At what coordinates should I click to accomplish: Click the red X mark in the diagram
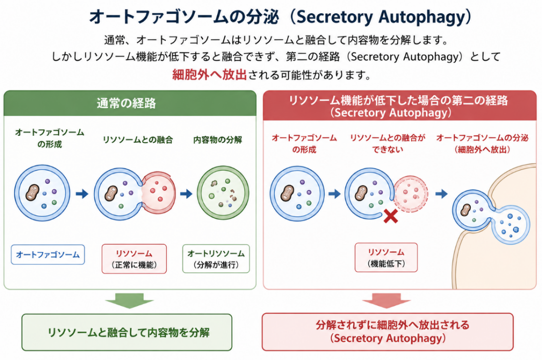pos(391,216)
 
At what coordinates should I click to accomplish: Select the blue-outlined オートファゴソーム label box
pos(48,255)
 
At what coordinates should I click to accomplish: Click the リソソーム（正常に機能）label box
pos(134,259)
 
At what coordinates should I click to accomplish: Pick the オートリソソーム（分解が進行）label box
pos(216,259)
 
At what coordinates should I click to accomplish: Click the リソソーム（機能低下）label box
pos(386,257)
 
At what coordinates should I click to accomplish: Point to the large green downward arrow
pos(129,300)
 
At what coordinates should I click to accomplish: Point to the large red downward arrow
pos(387,300)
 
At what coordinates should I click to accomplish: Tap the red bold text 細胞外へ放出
pos(210,75)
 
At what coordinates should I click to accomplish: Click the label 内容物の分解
pos(217,140)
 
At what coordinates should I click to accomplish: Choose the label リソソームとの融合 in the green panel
pos(138,140)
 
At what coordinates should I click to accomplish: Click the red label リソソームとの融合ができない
pos(388,144)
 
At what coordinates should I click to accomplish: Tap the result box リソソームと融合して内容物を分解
pos(127,332)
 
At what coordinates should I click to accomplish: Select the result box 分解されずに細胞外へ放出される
pos(388,331)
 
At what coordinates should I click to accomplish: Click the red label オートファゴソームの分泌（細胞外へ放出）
pos(482,144)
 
